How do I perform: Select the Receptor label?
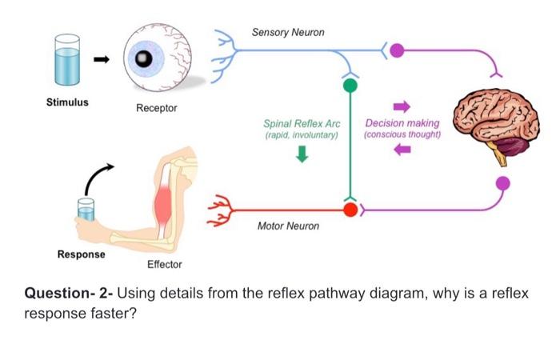point(156,108)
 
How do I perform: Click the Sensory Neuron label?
point(288,33)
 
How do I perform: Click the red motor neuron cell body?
point(350,210)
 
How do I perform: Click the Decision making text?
point(402,124)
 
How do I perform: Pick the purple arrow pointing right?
point(402,106)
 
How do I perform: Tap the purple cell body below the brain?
point(502,183)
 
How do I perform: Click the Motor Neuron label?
point(288,226)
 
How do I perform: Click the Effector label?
point(164,265)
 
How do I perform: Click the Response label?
point(81,254)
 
